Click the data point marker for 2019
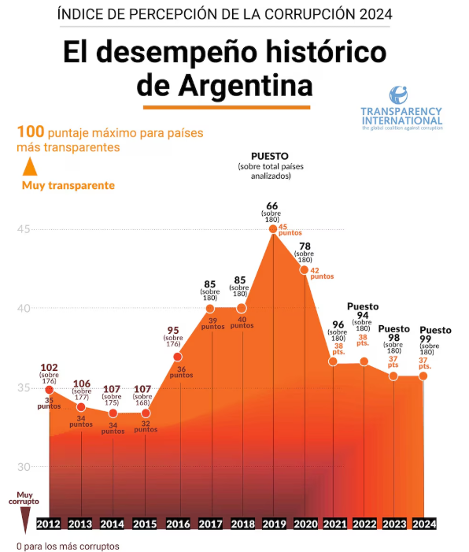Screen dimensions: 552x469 273,229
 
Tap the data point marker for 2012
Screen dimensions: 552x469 49,389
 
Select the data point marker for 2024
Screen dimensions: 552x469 423,376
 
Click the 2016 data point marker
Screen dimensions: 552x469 178,357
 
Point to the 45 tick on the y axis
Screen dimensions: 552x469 24,229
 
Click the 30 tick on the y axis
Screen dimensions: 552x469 24,467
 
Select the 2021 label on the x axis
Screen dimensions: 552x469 334,524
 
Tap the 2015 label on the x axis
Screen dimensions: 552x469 145,524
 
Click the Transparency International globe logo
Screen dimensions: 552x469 401,94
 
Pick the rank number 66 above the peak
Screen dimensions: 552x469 272,206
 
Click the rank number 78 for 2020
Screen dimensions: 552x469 304,246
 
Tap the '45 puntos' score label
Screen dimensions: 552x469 290,230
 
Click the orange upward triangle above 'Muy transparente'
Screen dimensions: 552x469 29,167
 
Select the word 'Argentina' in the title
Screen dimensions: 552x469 224,84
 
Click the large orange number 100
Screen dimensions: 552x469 30,132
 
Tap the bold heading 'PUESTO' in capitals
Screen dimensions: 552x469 270,156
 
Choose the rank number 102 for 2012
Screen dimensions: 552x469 49,367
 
